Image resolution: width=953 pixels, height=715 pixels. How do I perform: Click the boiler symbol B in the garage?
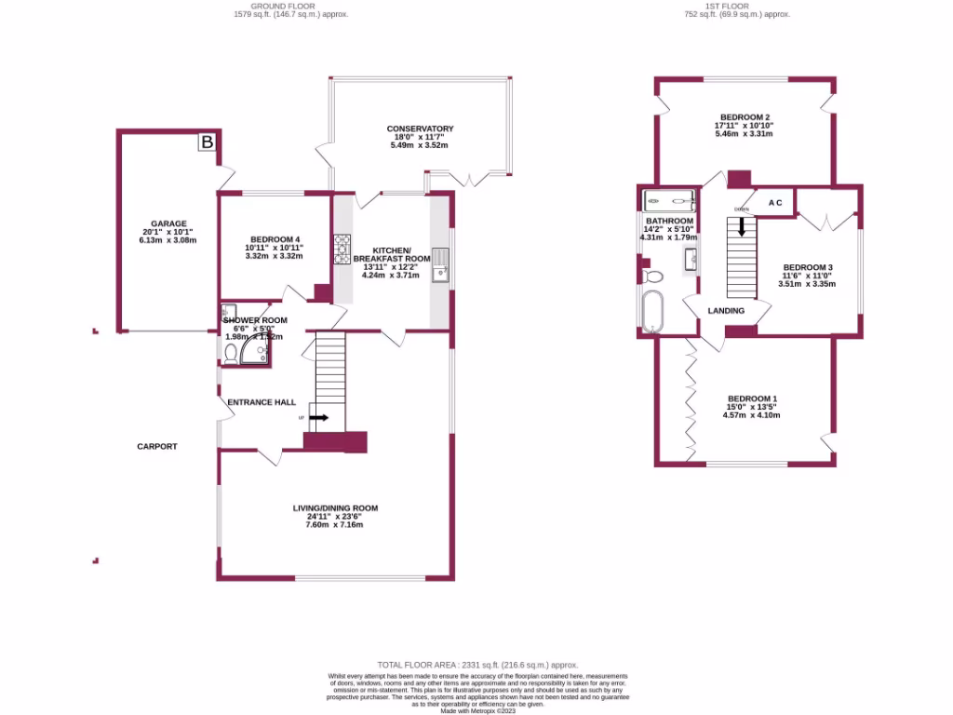click(x=208, y=142)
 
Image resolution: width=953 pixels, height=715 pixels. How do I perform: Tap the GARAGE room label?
click(x=165, y=223)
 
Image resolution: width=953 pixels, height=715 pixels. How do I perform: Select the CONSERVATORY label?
click(x=420, y=128)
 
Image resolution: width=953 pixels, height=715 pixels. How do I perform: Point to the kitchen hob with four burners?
click(x=342, y=248)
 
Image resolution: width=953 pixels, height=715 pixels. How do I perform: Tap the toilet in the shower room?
click(x=230, y=351)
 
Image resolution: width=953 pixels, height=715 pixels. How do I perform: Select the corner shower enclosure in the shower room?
click(x=254, y=348)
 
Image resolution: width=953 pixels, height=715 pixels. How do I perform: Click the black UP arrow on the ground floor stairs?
click(x=318, y=418)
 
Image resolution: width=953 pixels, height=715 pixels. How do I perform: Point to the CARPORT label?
click(x=157, y=447)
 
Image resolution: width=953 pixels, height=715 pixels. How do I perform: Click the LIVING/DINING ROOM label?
click(x=335, y=508)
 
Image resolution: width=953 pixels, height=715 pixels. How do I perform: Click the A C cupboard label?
click(x=775, y=203)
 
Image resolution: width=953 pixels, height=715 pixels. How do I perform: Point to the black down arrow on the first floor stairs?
click(x=742, y=226)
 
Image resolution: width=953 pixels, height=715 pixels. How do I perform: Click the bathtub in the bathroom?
click(x=652, y=311)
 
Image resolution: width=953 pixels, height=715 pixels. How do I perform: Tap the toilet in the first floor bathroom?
click(x=652, y=276)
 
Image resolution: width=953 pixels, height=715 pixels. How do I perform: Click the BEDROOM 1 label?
click(x=752, y=398)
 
